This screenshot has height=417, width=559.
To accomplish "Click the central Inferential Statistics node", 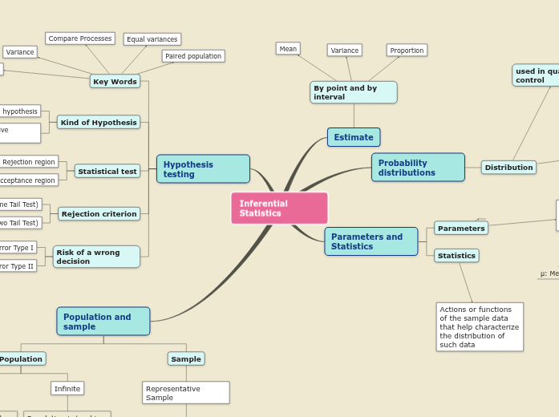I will pos(279,208).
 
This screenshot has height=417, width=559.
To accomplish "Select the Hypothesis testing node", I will pos(203,169).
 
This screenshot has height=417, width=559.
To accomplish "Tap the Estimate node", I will pos(354,137).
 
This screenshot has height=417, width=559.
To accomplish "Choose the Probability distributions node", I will pos(418,168).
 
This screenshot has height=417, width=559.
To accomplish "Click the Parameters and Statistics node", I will pos(371,241).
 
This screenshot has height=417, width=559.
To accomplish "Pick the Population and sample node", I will pos(103,322).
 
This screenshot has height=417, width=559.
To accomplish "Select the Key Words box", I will pos(115,81).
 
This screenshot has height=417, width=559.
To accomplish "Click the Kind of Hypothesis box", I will pos(99,123).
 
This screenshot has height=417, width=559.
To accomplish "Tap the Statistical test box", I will pos(107,171).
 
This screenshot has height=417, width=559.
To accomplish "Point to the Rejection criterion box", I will pos(99,214).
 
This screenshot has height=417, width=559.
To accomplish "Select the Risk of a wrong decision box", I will pos(96,257).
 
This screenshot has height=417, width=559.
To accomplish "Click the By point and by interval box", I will pos(353,92).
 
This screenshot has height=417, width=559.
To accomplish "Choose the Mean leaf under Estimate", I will pos(288,49).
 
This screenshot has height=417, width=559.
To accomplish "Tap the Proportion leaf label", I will pos(407,51).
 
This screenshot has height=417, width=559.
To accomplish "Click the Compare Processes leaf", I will pos(80,38).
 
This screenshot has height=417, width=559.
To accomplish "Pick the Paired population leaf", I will pos(193,56).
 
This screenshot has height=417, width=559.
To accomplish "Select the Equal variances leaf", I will pos(152,39).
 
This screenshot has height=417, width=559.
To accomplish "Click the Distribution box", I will pos(508,168).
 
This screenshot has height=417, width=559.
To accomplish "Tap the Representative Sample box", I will pos(186,393).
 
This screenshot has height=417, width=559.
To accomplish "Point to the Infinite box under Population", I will pos(67,388).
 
